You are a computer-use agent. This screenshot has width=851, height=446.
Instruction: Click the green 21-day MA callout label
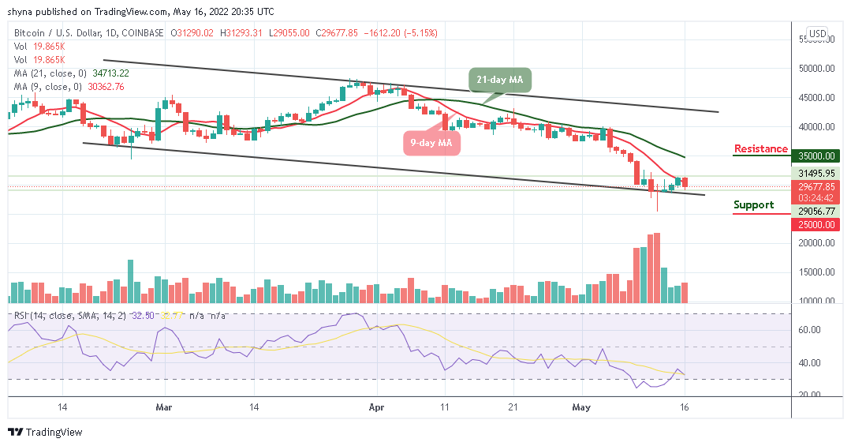[x=500, y=80]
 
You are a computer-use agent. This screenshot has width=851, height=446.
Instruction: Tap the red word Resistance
[x=760, y=148]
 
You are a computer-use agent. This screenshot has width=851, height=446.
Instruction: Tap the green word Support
[x=753, y=204]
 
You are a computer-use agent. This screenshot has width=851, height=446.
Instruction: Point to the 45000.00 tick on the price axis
[x=816, y=98]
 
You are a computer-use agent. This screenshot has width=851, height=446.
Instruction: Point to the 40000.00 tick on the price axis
[x=816, y=127]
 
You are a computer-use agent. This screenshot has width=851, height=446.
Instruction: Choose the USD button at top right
[x=817, y=33]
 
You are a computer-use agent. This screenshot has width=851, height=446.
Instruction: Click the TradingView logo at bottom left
[x=45, y=433]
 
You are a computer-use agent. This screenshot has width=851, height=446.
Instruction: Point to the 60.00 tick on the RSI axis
[x=810, y=331]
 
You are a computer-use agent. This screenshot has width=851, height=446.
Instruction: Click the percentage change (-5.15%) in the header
[x=421, y=33]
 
